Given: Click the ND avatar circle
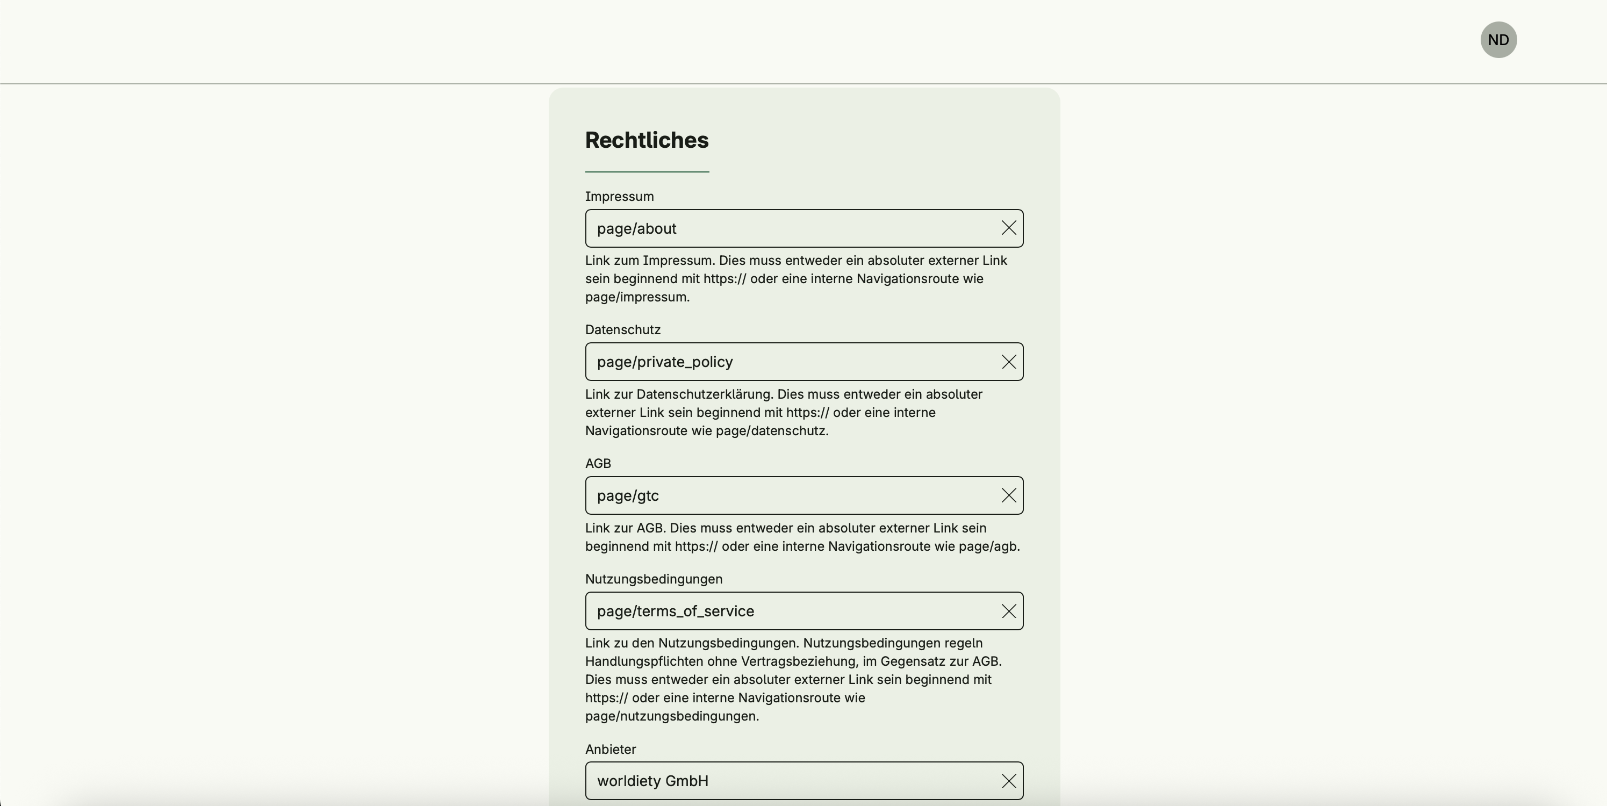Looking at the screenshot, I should pyautogui.click(x=1498, y=40).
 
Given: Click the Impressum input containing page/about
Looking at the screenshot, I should pyautogui.click(x=786, y=228).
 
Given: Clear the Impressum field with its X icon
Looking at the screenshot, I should pyautogui.click(x=1008, y=228).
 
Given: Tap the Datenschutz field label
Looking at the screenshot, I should pyautogui.click(x=622, y=330).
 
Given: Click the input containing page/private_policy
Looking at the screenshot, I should pyautogui.click(x=786, y=362).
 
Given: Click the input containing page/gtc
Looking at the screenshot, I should pyautogui.click(x=786, y=496).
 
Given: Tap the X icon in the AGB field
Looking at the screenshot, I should pyautogui.click(x=1008, y=496).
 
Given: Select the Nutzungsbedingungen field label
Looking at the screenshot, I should pyautogui.click(x=653, y=579).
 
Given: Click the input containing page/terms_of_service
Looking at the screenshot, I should pyautogui.click(x=786, y=611).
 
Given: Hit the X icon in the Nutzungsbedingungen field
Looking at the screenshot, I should pyautogui.click(x=1008, y=611).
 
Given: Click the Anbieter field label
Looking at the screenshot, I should pyautogui.click(x=610, y=749).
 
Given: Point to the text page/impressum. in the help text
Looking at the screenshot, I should pyautogui.click(x=637, y=298).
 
